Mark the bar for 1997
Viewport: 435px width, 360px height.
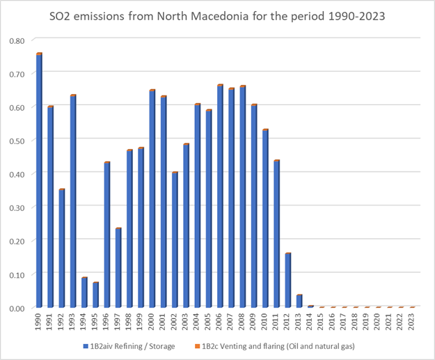pos(118,268)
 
